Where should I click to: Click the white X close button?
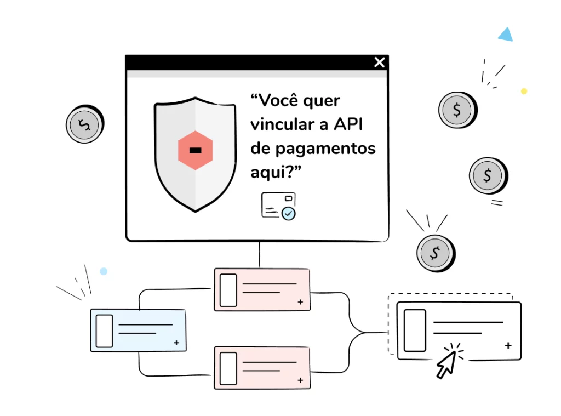(379, 62)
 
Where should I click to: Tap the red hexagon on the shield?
(196, 150)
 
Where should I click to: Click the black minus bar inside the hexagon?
(196, 150)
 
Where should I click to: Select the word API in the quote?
(348, 124)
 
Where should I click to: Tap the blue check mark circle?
(288, 213)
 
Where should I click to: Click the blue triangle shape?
(506, 35)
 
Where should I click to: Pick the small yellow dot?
(524, 91)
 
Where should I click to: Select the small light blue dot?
(104, 271)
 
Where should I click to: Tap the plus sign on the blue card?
(176, 343)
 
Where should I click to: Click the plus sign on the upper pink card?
(300, 302)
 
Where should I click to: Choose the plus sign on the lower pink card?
(300, 380)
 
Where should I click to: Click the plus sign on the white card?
(508, 345)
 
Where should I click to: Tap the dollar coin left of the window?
(85, 124)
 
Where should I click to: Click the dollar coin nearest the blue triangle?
(457, 110)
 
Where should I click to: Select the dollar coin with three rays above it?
(436, 253)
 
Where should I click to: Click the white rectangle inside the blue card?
(105, 331)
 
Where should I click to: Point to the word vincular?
(283, 124)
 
